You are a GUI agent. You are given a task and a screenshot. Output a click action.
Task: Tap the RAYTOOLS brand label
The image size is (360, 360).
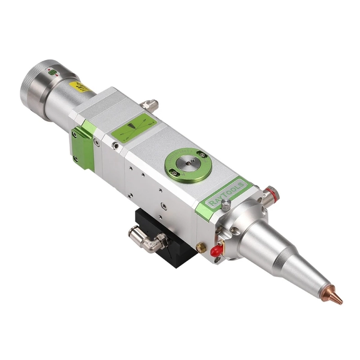pos(226,193)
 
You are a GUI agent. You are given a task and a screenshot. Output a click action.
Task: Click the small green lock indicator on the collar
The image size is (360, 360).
pos(52,72)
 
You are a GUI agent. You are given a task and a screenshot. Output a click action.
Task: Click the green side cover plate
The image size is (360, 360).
pos(82,146)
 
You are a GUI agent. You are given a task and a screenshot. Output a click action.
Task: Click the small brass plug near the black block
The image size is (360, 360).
pos(203,247)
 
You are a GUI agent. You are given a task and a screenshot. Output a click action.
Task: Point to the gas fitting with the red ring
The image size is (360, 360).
pos(270,195)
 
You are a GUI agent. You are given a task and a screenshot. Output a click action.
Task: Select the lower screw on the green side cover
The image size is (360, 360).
pos(75,158)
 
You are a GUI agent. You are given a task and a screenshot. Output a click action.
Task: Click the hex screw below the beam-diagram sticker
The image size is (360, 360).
pos(116,146)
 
